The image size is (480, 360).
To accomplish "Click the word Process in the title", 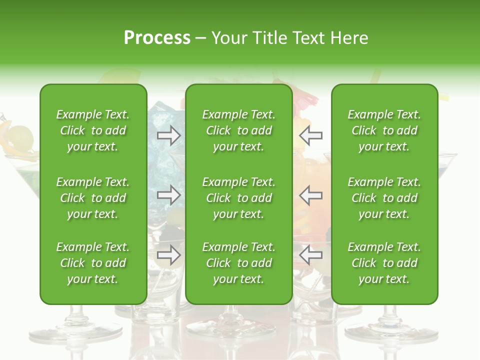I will point(157,38).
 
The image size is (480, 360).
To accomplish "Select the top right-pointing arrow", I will point(169,135).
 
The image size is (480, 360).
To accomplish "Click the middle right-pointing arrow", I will point(169,195).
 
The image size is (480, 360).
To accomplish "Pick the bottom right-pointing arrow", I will point(169,254).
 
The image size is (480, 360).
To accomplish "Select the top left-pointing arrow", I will point(311,135).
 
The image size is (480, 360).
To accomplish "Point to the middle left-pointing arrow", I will point(311,195).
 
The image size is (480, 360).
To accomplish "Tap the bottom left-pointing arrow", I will point(311,254).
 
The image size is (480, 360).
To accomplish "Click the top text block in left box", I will point(93,130).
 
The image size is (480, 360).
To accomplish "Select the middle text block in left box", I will point(93,198).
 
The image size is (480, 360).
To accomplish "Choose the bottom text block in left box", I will point(93,263).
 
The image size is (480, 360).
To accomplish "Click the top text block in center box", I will point(238,130).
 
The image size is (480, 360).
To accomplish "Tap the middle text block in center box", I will point(238,198).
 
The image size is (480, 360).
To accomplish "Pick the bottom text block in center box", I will point(238,263).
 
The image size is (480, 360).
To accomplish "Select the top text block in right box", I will point(384,130).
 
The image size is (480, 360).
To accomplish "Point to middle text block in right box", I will point(384,198).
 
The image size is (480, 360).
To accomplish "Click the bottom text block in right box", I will point(384,263).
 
